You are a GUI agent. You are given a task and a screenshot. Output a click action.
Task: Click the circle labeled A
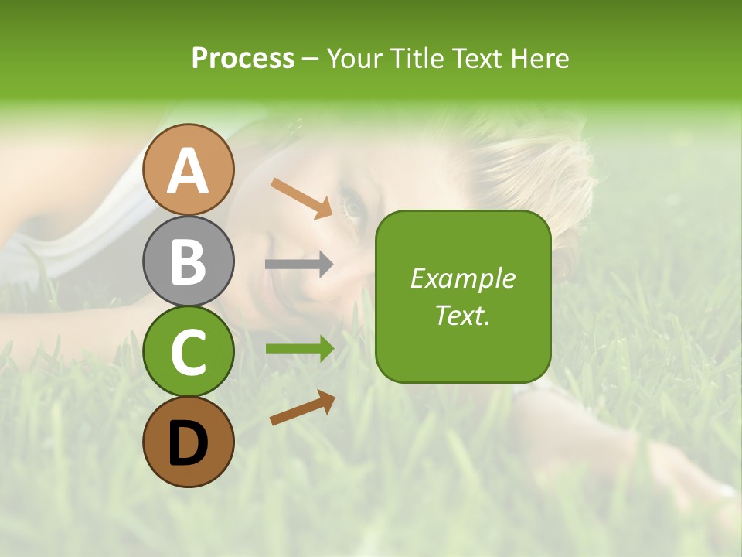point(188,169)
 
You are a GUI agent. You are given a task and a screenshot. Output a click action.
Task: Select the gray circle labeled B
point(188,261)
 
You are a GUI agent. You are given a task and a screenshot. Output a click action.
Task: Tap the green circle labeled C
point(188,351)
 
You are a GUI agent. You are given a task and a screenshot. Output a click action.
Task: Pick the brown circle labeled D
point(188,442)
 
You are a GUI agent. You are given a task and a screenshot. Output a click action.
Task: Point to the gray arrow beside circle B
point(299,264)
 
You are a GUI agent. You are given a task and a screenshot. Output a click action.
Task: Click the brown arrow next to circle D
point(302,408)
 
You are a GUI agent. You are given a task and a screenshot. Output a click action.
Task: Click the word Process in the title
point(243,58)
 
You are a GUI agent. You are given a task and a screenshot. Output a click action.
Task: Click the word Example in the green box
point(462,278)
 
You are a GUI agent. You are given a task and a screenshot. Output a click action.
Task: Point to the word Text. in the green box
point(462,315)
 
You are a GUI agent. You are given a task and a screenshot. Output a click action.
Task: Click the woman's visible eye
point(353,207)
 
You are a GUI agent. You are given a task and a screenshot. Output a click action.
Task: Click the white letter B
point(188,261)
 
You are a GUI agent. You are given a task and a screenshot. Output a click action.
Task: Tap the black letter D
point(188,443)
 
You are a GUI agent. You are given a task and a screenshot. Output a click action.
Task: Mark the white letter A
point(188,170)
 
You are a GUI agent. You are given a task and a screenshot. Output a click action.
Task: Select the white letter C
point(188,352)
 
